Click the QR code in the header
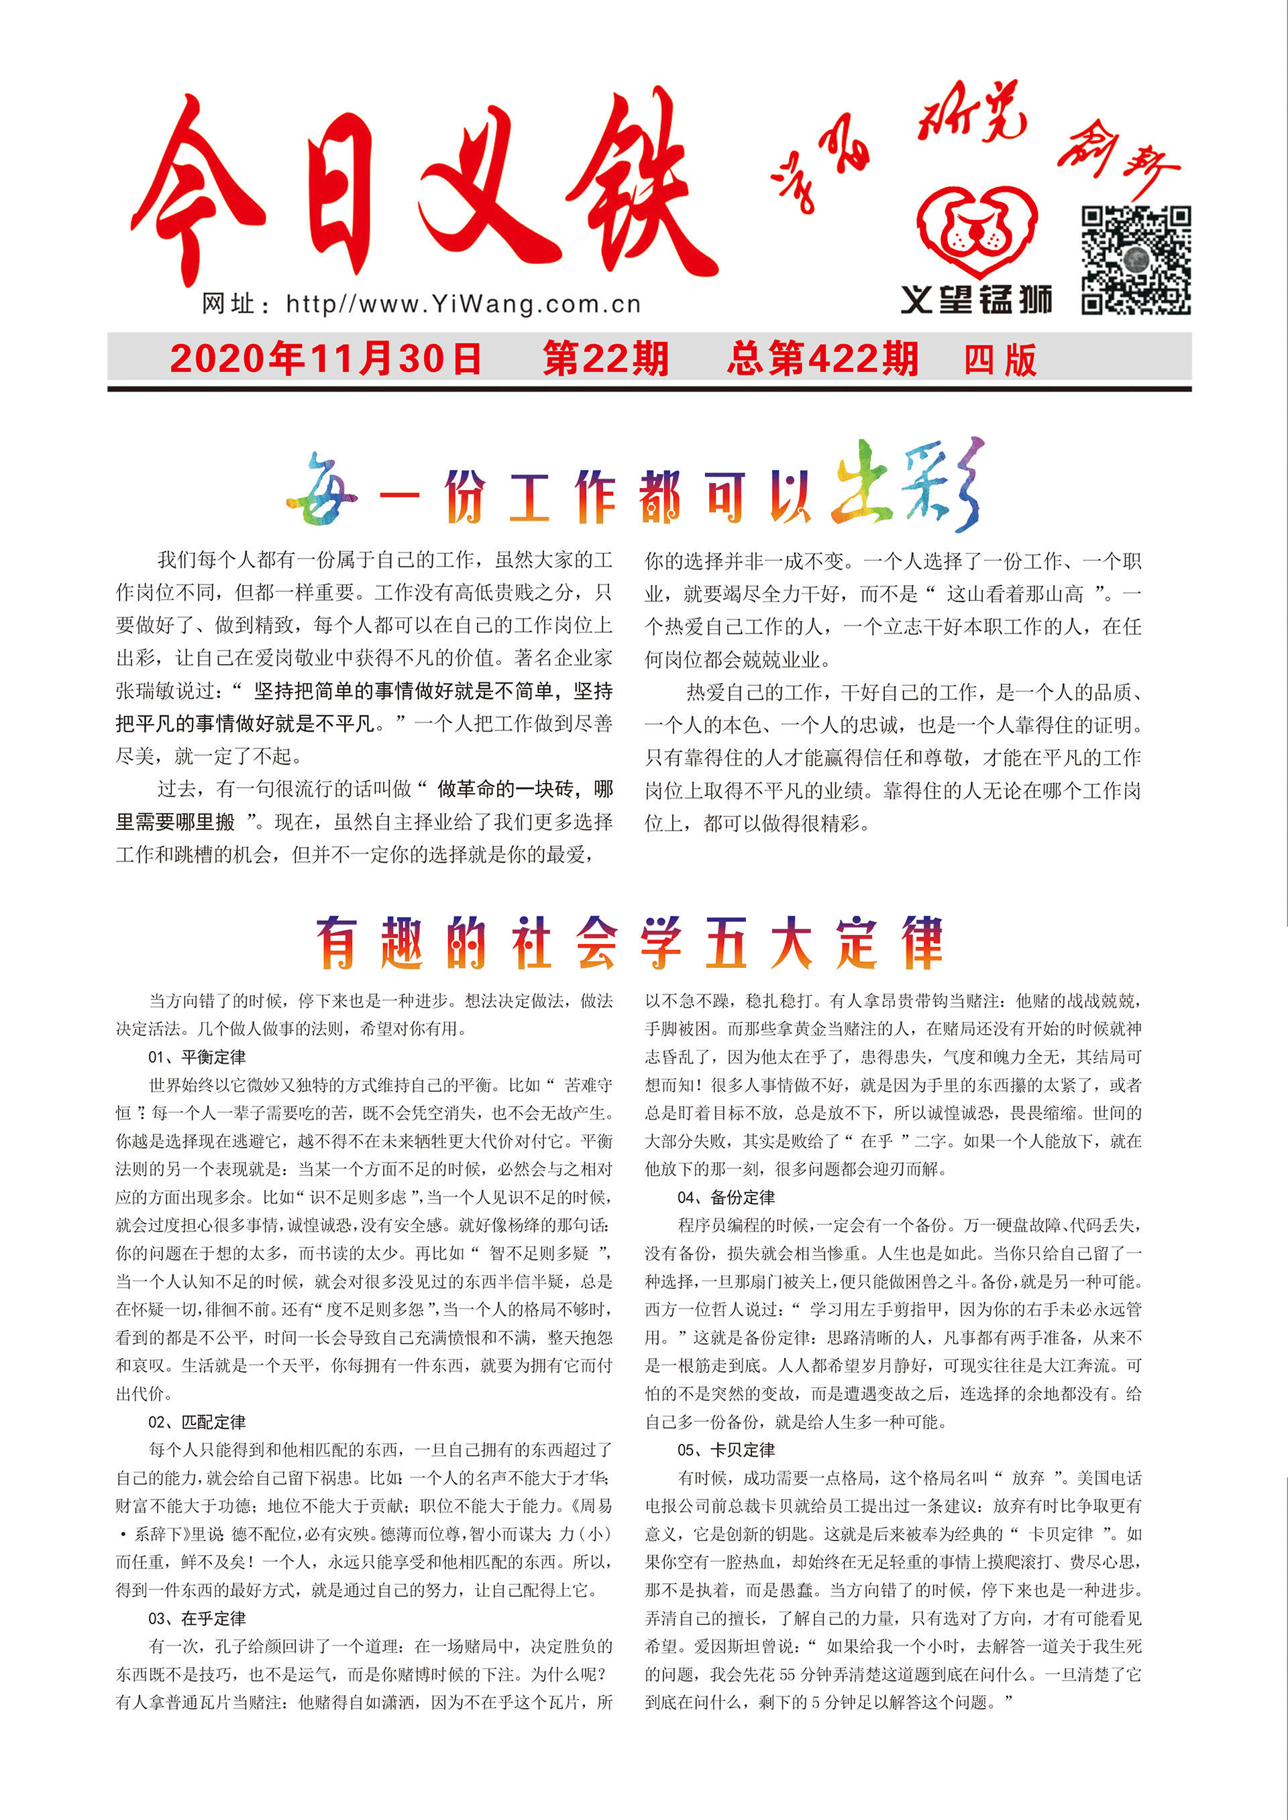[1136, 261]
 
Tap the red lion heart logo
[977, 231]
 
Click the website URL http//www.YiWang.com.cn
[463, 304]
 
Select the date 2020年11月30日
[325, 359]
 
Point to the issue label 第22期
[606, 359]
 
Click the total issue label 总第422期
[822, 359]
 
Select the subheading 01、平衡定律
[197, 1056]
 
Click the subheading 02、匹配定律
[197, 1421]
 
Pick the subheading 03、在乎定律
[197, 1618]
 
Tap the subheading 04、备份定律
[726, 1197]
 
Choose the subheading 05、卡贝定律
[726, 1450]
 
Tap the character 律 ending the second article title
[922, 943]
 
